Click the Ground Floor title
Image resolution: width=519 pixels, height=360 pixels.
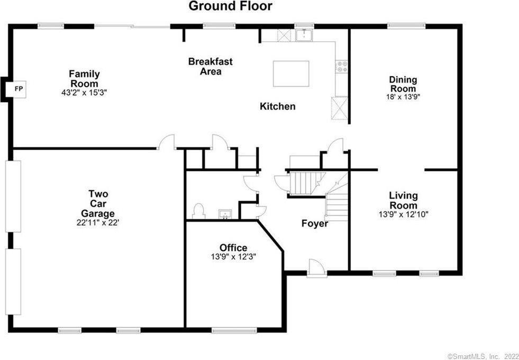[231, 6]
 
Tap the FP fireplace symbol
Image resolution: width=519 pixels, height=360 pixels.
[18, 88]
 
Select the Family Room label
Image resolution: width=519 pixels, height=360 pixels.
[84, 79]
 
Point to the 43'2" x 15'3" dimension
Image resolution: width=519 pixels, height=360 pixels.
[84, 93]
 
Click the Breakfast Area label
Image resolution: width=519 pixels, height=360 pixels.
[210, 67]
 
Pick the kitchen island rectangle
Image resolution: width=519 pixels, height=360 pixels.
[291, 74]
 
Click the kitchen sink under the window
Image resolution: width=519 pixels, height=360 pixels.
[304, 35]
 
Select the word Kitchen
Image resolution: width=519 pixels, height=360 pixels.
[277, 106]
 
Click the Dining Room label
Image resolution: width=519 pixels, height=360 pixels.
[403, 84]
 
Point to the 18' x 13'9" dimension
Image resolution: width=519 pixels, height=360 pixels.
[403, 97]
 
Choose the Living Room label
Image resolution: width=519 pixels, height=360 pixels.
[403, 200]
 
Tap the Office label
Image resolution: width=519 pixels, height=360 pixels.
[233, 248]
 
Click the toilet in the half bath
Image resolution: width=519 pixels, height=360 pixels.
[199, 210]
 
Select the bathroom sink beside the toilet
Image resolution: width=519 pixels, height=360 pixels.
[226, 214]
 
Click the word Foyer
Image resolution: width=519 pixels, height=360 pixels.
[315, 223]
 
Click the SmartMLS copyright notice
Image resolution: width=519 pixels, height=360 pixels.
[482, 356]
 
